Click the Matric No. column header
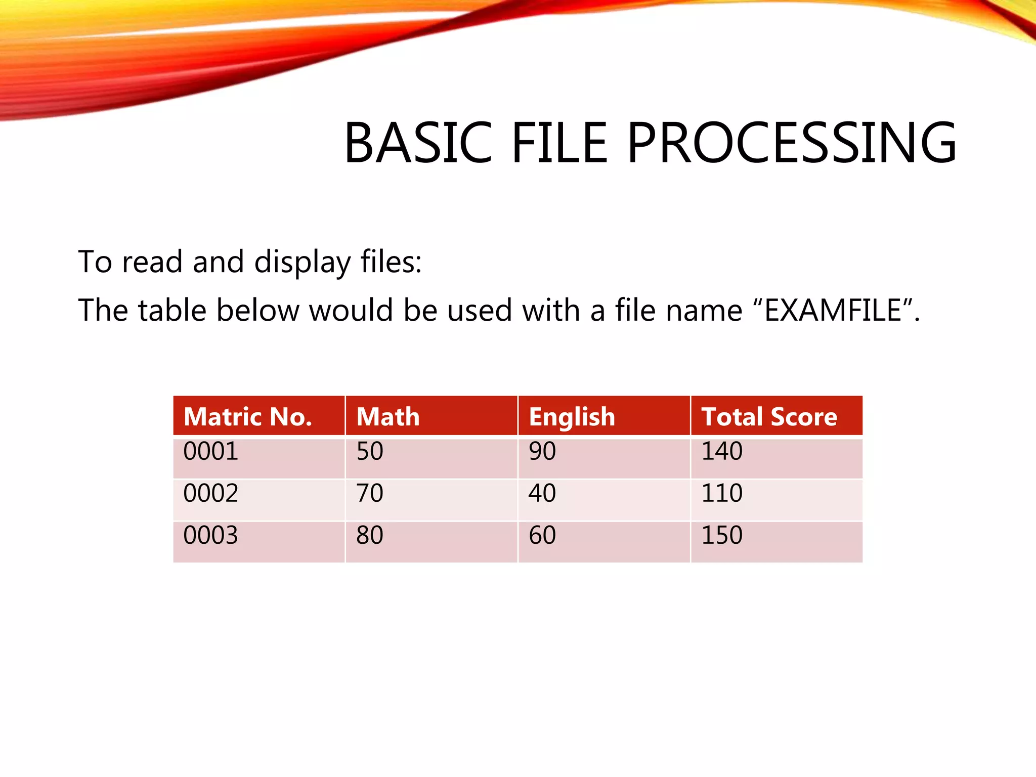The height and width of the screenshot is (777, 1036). coord(248,417)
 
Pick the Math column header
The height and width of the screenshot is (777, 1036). coord(388,417)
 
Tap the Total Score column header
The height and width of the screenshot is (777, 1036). coord(769,417)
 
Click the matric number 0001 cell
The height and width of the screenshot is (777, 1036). coord(210,451)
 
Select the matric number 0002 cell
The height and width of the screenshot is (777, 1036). coord(210,493)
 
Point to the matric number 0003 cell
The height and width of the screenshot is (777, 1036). coord(210,535)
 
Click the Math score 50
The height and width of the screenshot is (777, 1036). coord(370,451)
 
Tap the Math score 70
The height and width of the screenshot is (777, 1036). coord(370,493)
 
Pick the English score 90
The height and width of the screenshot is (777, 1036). coord(542,451)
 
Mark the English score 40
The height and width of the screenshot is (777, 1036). coord(542,493)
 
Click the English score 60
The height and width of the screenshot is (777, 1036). coord(542,535)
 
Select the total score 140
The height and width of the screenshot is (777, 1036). coord(722,451)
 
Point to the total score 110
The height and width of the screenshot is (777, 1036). coord(722,493)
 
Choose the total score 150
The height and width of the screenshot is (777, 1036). coord(722,535)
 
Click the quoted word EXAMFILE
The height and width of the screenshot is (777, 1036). coord(833,310)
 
